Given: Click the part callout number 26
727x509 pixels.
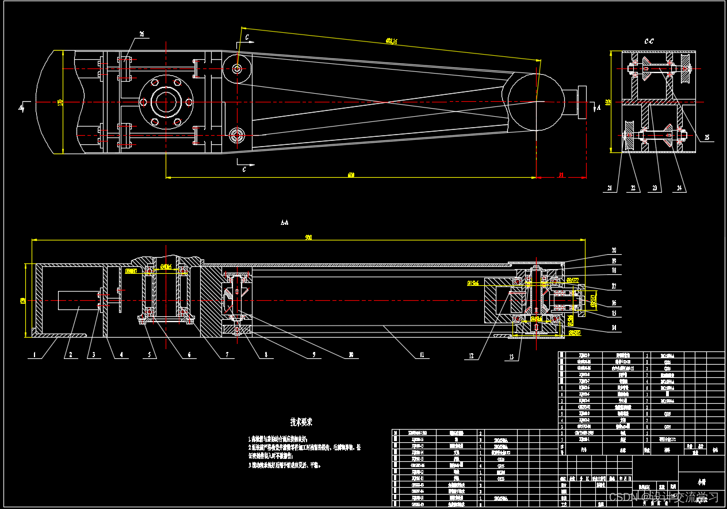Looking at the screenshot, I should pos(141,33).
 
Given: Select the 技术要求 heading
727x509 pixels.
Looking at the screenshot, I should pos(301,422).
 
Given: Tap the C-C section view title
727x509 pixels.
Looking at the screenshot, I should pos(649,41).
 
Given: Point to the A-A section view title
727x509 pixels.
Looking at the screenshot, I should pos(284,221).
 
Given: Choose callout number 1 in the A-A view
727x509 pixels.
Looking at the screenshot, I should pos(35,355).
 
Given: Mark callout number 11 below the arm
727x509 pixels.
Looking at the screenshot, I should pos(421,355).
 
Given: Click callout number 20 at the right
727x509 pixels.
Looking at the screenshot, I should pos(614,250).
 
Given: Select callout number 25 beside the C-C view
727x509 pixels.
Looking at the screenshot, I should pos(707,137).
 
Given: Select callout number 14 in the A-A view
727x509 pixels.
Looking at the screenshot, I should pos(614,328).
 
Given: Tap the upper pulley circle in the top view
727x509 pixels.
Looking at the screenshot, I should pos(237,68).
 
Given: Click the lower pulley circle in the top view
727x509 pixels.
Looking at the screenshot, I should pos(237,135).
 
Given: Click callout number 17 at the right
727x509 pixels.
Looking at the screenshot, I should pos(614,286).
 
